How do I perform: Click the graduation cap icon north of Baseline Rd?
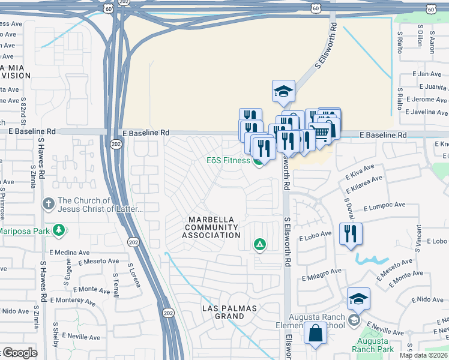pos(283,92)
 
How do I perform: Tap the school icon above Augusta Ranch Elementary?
pos(358,299)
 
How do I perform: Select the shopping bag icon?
pos(315,334)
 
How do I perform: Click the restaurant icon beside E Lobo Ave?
pos(351,234)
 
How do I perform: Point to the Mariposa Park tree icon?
pos(59,230)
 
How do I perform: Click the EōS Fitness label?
pos(228,160)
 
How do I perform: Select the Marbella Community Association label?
pos(214,227)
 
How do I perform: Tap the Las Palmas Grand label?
pos(228,312)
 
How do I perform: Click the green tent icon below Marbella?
pos(260,244)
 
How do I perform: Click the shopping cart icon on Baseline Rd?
pos(322,131)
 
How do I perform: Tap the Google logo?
pos(19,353)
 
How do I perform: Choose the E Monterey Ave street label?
pos(72,299)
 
